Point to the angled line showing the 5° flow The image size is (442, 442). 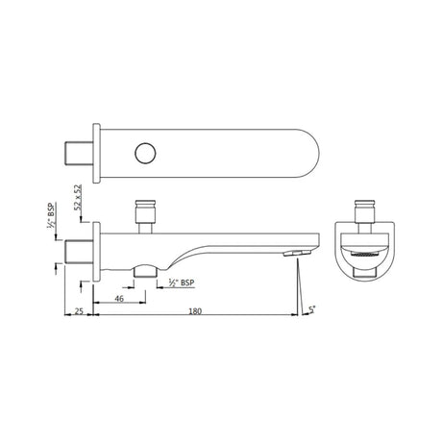coord(301,283)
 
